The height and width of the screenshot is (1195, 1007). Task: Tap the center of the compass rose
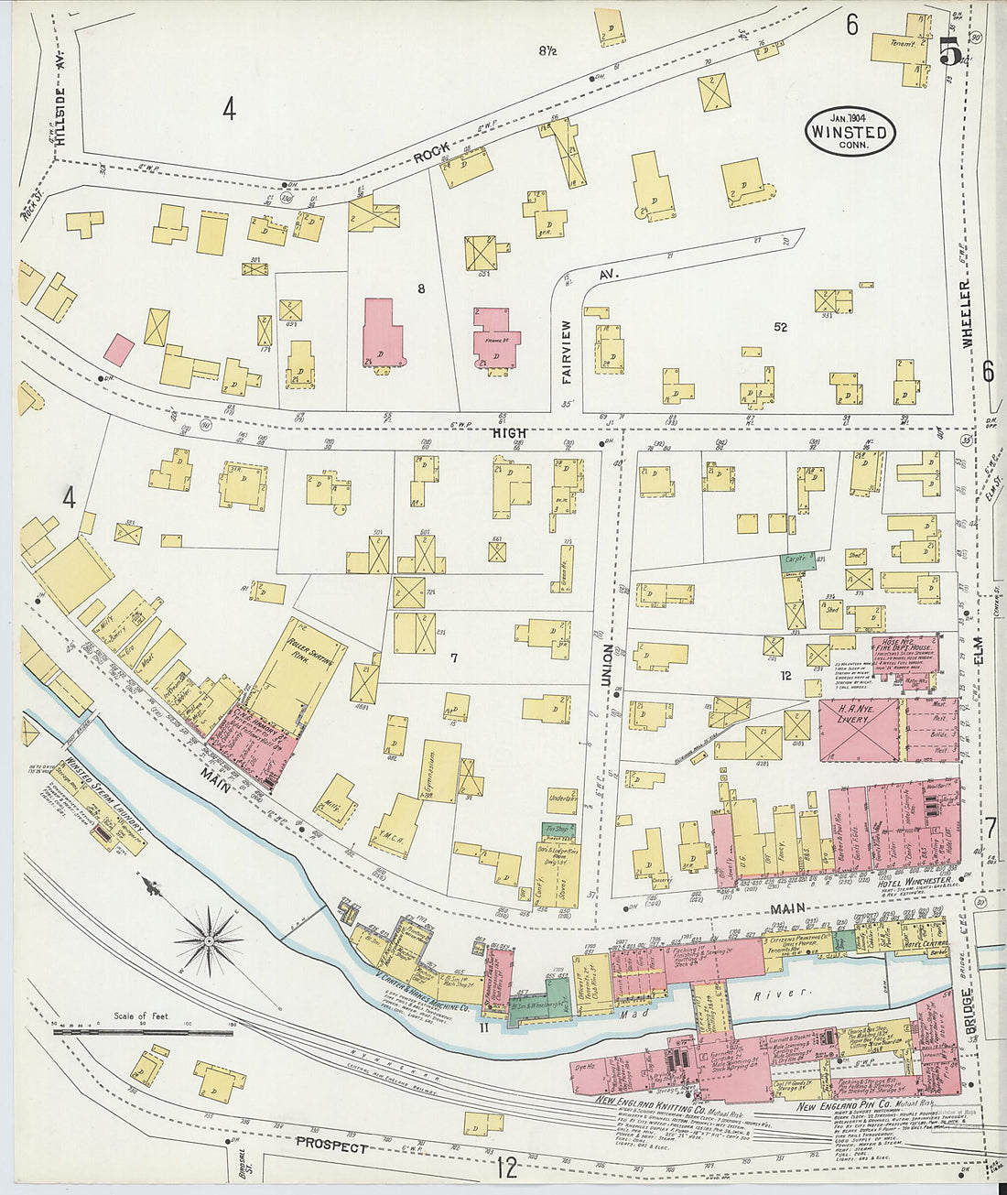[209, 939]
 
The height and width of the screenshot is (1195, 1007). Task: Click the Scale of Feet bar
[143, 1032]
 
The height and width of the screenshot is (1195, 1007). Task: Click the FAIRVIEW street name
[565, 351]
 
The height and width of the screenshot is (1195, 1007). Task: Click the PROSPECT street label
[331, 1146]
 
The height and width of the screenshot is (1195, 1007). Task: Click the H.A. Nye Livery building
[859, 730]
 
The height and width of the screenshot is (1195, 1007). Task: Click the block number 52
[780, 327]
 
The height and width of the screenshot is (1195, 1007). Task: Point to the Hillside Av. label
[61, 118]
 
